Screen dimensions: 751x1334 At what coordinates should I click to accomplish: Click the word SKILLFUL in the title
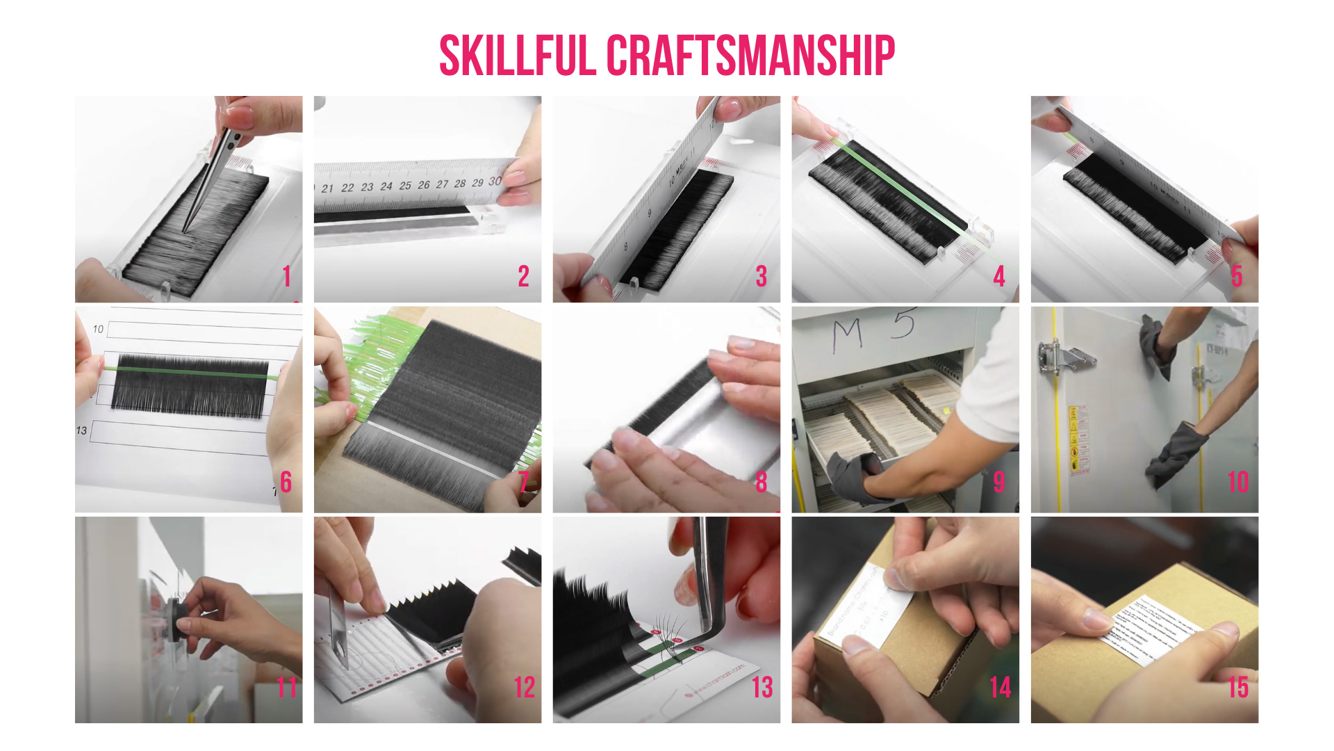pos(518,56)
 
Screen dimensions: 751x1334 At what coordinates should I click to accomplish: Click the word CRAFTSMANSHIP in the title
pos(750,56)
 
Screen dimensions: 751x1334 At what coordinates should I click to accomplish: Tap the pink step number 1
pos(286,276)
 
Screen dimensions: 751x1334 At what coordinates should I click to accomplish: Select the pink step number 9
pos(999,481)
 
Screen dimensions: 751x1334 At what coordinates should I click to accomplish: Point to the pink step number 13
pos(762,687)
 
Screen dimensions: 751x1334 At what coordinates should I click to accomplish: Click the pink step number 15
pos(1238,687)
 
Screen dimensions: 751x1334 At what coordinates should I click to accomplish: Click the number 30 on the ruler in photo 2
pos(495,181)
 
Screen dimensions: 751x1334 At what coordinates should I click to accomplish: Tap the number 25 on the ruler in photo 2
pos(404,186)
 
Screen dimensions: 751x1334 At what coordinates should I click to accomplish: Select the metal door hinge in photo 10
pos(1063,358)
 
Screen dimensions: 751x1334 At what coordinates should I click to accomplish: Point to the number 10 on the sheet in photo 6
pos(98,329)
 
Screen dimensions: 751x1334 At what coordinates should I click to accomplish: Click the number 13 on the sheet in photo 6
pos(81,430)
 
